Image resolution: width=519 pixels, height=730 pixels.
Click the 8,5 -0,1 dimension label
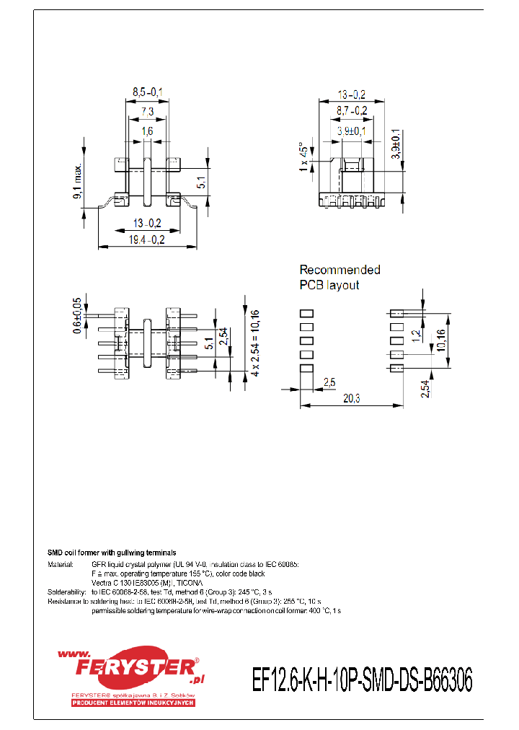click(x=147, y=92)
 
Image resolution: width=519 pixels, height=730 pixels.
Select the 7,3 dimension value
click(x=147, y=112)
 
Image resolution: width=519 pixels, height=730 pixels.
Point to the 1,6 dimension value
click(x=147, y=131)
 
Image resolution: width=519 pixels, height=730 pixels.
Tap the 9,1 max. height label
click(x=79, y=182)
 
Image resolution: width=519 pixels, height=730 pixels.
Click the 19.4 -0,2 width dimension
click(x=147, y=240)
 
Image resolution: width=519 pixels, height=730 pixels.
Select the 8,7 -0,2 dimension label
click(x=352, y=111)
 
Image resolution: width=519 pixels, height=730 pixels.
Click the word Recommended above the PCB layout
click(x=340, y=270)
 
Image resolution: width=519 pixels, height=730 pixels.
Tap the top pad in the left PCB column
click(x=306, y=314)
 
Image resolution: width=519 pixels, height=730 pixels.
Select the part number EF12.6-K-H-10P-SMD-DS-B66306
click(x=362, y=680)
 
